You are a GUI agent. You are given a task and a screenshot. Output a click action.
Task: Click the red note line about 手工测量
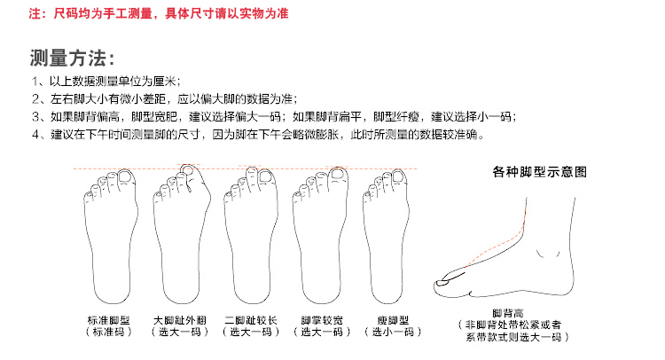(x=159, y=13)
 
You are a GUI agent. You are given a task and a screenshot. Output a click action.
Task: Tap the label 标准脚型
(x=108, y=320)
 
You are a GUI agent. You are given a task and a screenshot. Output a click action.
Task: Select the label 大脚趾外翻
(x=179, y=320)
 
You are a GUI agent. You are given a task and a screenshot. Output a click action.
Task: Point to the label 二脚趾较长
(x=251, y=320)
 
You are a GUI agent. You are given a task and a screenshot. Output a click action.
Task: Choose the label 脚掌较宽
(x=322, y=320)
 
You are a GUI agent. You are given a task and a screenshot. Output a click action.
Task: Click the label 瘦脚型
(x=393, y=320)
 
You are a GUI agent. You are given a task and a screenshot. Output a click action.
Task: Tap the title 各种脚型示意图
(x=539, y=172)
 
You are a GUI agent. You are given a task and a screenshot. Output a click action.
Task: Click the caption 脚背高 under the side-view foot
(x=508, y=313)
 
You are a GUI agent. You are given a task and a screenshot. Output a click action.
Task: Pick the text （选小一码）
(x=393, y=332)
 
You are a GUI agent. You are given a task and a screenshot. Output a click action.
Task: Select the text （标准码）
(x=108, y=332)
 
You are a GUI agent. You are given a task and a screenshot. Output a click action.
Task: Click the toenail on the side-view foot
(x=444, y=283)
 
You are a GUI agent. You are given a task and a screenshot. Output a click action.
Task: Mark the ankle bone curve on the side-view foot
(x=548, y=254)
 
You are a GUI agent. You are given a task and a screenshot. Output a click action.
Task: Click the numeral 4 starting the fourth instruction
(x=35, y=135)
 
